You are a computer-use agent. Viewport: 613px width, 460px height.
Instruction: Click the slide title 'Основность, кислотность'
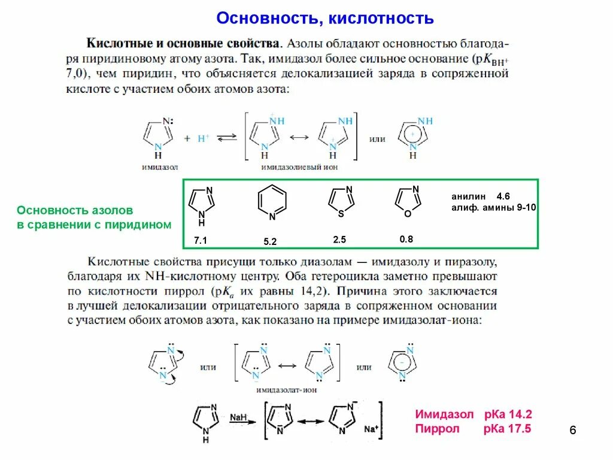click(x=325, y=19)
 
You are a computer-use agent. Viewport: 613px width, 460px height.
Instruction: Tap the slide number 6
click(x=572, y=431)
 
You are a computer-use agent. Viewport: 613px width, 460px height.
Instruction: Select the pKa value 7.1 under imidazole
click(x=200, y=240)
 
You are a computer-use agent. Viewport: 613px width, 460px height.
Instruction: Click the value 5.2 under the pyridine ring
click(x=270, y=242)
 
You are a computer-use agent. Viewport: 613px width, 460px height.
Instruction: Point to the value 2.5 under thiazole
click(x=339, y=240)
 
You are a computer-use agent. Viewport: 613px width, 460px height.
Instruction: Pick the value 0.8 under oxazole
click(x=406, y=239)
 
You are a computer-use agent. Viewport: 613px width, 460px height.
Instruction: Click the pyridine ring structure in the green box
click(x=271, y=204)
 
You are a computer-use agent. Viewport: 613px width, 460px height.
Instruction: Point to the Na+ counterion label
click(x=371, y=429)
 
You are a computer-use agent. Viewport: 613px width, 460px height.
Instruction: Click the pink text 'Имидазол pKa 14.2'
click(x=473, y=414)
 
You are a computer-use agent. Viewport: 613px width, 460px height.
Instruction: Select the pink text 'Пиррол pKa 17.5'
click(x=473, y=429)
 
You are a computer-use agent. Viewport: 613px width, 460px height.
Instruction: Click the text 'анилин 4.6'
click(x=480, y=196)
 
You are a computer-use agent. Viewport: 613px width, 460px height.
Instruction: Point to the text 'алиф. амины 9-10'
click(x=494, y=207)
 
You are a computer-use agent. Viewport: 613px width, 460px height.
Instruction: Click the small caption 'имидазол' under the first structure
click(x=160, y=168)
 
